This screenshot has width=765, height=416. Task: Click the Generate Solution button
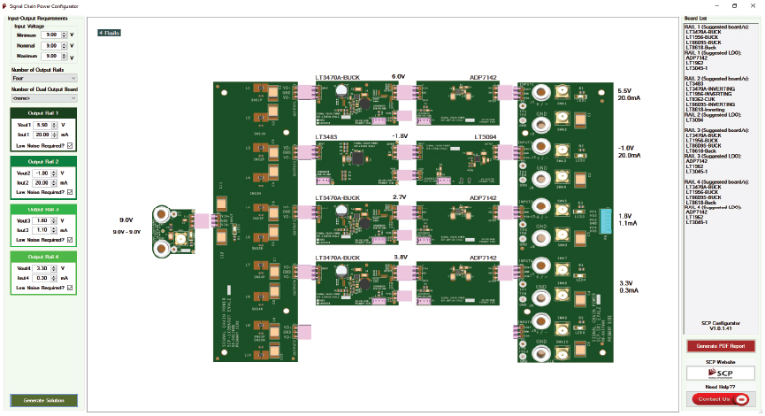tap(43, 400)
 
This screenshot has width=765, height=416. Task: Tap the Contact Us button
tap(720, 399)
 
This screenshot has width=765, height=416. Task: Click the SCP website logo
tap(721, 374)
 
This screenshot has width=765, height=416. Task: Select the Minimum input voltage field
tap(52, 35)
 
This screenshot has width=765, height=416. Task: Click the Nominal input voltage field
tap(52, 45)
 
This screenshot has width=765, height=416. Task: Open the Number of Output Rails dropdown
tap(43, 79)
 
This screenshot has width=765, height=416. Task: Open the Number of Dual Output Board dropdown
tap(43, 98)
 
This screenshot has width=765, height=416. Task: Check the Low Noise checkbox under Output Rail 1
tap(70, 145)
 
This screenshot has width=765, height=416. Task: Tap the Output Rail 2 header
tap(43, 162)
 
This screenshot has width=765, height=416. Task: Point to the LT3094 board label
tap(484, 137)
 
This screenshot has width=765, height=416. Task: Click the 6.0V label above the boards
tap(398, 77)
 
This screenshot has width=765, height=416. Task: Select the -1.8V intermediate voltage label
tap(400, 136)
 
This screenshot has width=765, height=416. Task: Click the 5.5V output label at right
tap(624, 91)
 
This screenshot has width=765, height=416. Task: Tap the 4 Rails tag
tap(110, 33)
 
